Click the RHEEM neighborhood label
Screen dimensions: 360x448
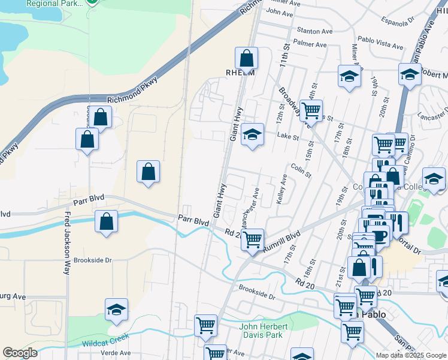(x=240, y=73)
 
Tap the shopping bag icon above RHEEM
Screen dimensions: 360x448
(x=246, y=58)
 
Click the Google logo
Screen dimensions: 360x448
(x=20, y=353)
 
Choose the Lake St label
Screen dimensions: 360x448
(x=287, y=137)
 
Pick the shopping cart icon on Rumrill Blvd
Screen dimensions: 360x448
(x=253, y=239)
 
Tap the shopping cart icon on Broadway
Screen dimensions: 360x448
(x=311, y=110)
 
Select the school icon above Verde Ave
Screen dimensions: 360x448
(x=116, y=310)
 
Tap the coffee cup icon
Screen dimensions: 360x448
(x=378, y=233)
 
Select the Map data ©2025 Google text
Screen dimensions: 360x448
(x=411, y=355)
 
